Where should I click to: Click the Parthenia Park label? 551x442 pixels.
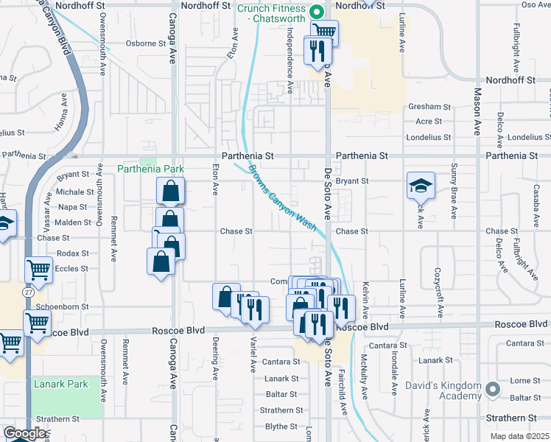tap(150, 169)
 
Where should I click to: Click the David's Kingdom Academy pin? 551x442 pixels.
tap(492, 387)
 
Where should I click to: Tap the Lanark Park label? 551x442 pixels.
tap(60, 384)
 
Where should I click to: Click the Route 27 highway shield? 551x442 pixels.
tap(29, 292)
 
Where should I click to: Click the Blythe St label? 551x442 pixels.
tap(281, 427)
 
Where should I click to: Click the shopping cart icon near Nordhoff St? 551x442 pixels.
tap(325, 32)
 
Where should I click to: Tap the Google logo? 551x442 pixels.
tap(24, 433)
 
